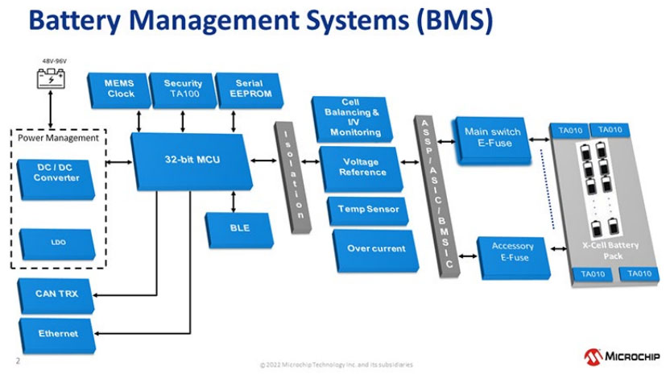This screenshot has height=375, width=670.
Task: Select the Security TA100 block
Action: pos(183,90)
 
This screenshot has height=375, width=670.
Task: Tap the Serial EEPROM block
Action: pos(249,90)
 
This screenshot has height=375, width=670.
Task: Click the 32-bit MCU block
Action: pos(191,160)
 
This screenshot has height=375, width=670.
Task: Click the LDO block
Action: pos(56,240)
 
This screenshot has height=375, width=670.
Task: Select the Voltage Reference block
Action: pos(362,167)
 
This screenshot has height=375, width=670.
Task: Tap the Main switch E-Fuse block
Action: pos(493,138)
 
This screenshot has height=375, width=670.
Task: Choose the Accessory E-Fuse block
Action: pos(512,252)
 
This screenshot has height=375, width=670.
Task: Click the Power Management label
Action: pos(58,138)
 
